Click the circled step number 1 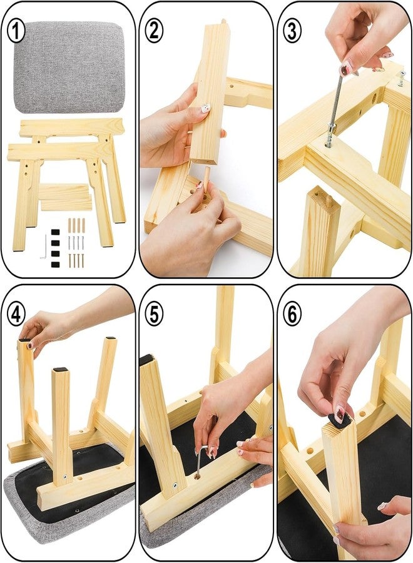16,31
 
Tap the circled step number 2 154,31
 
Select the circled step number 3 292,31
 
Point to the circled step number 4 16,315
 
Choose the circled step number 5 154,315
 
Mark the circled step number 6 292,315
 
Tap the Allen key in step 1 43,246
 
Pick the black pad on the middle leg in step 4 61,369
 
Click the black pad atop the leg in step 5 146,360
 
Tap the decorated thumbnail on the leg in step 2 205,108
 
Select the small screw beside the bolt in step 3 400,79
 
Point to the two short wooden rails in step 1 65,197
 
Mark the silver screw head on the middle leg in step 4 65,477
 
